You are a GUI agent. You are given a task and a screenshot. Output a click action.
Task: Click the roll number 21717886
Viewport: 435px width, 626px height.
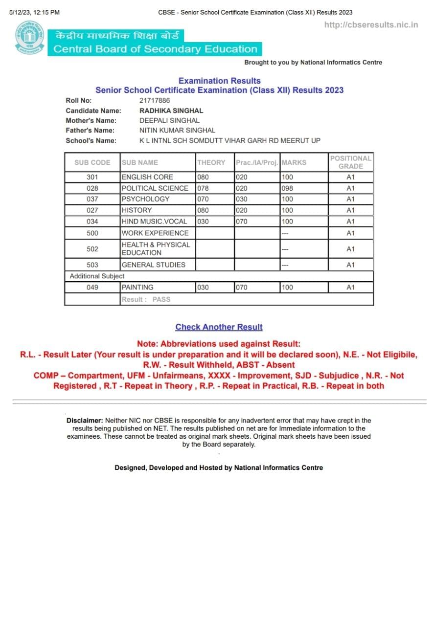click(x=155, y=100)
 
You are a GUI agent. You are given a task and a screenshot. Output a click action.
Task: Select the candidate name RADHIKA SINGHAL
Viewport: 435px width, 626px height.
click(x=171, y=111)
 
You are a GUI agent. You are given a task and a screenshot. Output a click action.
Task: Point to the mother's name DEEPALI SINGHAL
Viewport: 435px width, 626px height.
click(x=169, y=120)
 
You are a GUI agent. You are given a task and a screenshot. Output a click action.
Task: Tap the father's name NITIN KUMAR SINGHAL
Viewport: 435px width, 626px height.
click(x=177, y=130)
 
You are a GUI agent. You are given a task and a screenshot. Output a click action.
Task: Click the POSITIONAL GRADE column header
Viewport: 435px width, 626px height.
click(x=350, y=162)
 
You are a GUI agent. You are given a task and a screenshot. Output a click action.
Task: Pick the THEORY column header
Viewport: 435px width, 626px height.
click(x=211, y=162)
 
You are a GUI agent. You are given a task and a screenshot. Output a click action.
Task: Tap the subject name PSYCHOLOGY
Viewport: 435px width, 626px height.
click(x=145, y=199)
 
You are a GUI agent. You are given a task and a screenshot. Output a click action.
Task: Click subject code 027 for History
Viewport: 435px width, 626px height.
click(x=92, y=210)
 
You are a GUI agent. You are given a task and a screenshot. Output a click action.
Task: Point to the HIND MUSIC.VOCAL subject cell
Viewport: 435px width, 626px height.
click(x=154, y=222)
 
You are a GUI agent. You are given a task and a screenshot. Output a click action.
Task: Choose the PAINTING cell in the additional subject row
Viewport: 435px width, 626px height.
click(x=137, y=288)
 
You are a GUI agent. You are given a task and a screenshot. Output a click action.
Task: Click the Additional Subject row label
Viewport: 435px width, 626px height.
click(x=97, y=276)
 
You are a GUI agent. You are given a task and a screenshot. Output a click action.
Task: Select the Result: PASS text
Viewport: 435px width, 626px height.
click(x=146, y=299)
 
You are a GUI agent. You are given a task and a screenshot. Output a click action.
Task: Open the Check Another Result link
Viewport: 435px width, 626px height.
click(x=219, y=327)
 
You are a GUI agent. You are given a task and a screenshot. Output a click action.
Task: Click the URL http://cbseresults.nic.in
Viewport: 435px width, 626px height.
click(x=371, y=25)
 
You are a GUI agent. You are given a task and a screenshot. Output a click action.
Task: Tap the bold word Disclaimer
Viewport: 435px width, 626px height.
click(x=85, y=421)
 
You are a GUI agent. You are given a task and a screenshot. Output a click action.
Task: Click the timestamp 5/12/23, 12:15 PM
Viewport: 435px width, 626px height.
click(x=34, y=12)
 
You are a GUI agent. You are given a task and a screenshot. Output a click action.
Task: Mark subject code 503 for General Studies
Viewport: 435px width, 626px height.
click(x=92, y=265)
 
